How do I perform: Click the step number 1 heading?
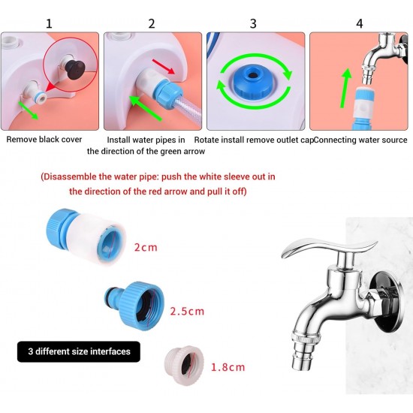[x=49, y=24]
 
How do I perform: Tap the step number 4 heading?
[x=360, y=24]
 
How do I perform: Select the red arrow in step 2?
[x=163, y=66]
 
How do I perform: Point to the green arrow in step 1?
[x=29, y=110]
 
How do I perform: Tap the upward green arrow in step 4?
[x=346, y=88]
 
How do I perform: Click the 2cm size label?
[x=146, y=247]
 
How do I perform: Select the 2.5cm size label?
[x=187, y=311]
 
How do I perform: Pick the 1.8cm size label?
[x=228, y=367]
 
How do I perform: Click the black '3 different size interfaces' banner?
[x=79, y=351]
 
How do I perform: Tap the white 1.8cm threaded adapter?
[x=180, y=366]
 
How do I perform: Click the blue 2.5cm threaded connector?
[x=135, y=306]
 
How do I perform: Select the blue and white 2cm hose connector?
[x=86, y=237]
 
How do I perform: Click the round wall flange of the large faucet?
[x=387, y=306]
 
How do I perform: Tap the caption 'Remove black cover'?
[x=44, y=140]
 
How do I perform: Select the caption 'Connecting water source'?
[x=360, y=140]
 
